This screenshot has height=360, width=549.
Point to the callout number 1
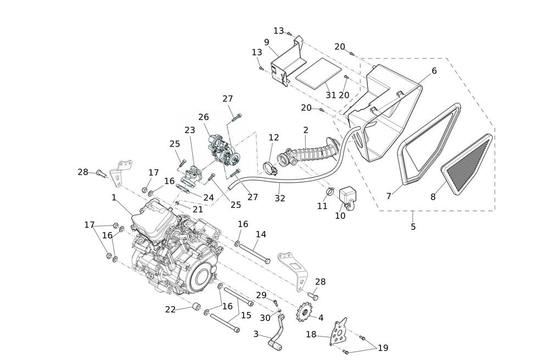click(x=114, y=196)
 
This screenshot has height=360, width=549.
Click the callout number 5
click(x=413, y=226)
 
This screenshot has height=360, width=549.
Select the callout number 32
click(x=280, y=198)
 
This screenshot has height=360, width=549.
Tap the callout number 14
click(x=261, y=234)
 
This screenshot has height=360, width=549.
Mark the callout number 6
click(x=434, y=71)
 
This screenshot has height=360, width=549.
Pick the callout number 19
click(x=383, y=347)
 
